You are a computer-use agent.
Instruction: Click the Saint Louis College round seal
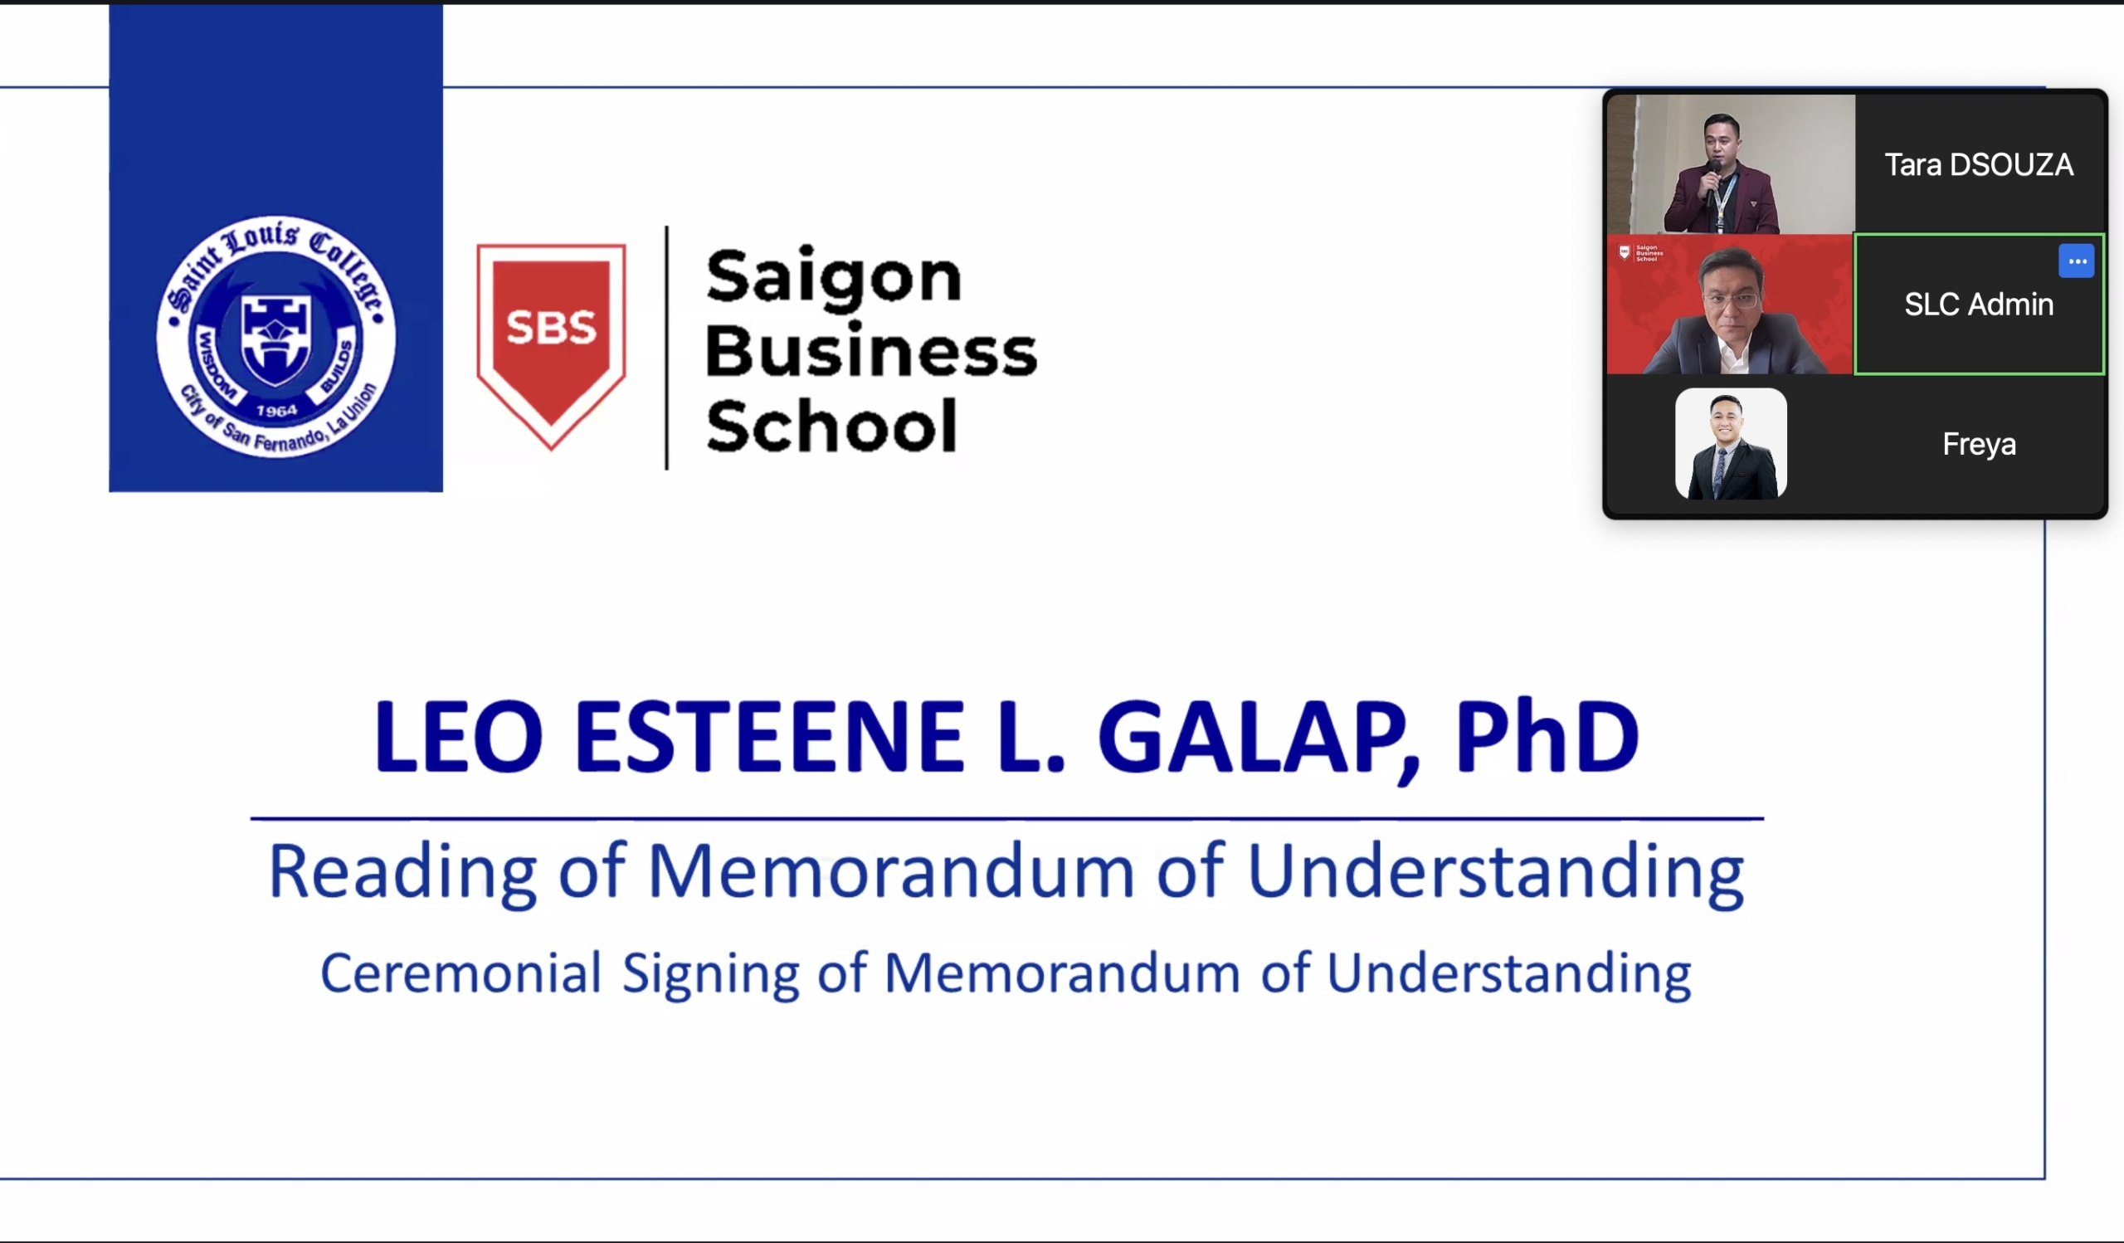click(x=275, y=336)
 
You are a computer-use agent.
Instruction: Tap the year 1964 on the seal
click(x=276, y=411)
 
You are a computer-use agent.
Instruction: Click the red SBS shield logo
click(x=551, y=346)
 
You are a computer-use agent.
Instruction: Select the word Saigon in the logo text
click(x=834, y=277)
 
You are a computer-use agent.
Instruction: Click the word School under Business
click(x=831, y=425)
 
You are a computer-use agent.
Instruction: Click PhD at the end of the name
click(x=1547, y=735)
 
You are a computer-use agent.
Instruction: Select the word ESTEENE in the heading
click(x=768, y=736)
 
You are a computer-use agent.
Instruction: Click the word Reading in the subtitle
click(x=402, y=873)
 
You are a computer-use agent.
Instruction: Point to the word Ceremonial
click(x=460, y=973)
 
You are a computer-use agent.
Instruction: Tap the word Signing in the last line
click(x=710, y=975)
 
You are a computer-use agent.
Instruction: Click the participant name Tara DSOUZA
click(x=1978, y=165)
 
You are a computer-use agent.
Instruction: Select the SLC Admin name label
click(x=1978, y=305)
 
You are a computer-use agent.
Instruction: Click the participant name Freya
click(x=1979, y=444)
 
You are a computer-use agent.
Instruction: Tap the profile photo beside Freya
click(x=1731, y=443)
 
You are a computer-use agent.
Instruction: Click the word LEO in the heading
click(x=459, y=736)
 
